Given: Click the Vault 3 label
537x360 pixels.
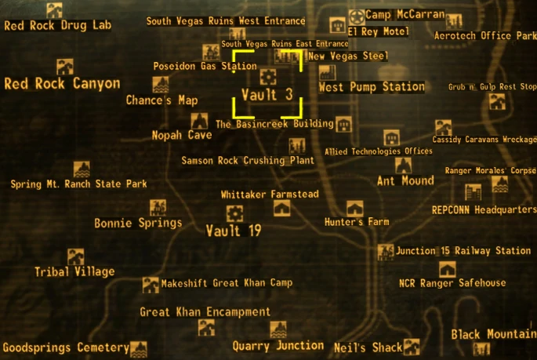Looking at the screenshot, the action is point(267,95).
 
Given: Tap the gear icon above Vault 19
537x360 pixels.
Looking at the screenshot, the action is point(234,213).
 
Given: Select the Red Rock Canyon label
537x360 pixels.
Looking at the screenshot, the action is point(62,84).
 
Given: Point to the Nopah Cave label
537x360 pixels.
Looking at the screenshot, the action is point(182,135).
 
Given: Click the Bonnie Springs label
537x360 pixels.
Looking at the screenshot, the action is point(138,223).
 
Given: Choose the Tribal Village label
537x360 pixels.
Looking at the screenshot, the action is point(74,272).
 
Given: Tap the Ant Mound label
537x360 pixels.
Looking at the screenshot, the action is point(405,180).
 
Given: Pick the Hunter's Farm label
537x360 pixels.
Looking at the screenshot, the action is point(357,222).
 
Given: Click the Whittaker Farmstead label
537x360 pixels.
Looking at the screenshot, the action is point(270,194).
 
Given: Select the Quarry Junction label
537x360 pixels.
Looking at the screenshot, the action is point(278,345).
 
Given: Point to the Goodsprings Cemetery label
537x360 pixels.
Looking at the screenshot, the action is point(65,347).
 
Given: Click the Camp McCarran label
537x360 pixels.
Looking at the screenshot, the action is point(405,14).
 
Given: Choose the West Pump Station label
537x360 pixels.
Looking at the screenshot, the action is point(372,87).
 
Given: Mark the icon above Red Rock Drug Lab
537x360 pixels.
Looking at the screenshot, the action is point(54,10).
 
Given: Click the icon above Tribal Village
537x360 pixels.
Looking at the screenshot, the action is point(75,256).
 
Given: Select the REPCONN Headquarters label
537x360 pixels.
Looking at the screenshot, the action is point(484,210).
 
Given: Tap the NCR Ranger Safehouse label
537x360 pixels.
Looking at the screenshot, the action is point(452,283).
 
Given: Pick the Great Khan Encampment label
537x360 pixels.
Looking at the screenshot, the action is point(205,312).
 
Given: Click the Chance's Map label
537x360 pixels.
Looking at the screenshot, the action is point(161,100).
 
